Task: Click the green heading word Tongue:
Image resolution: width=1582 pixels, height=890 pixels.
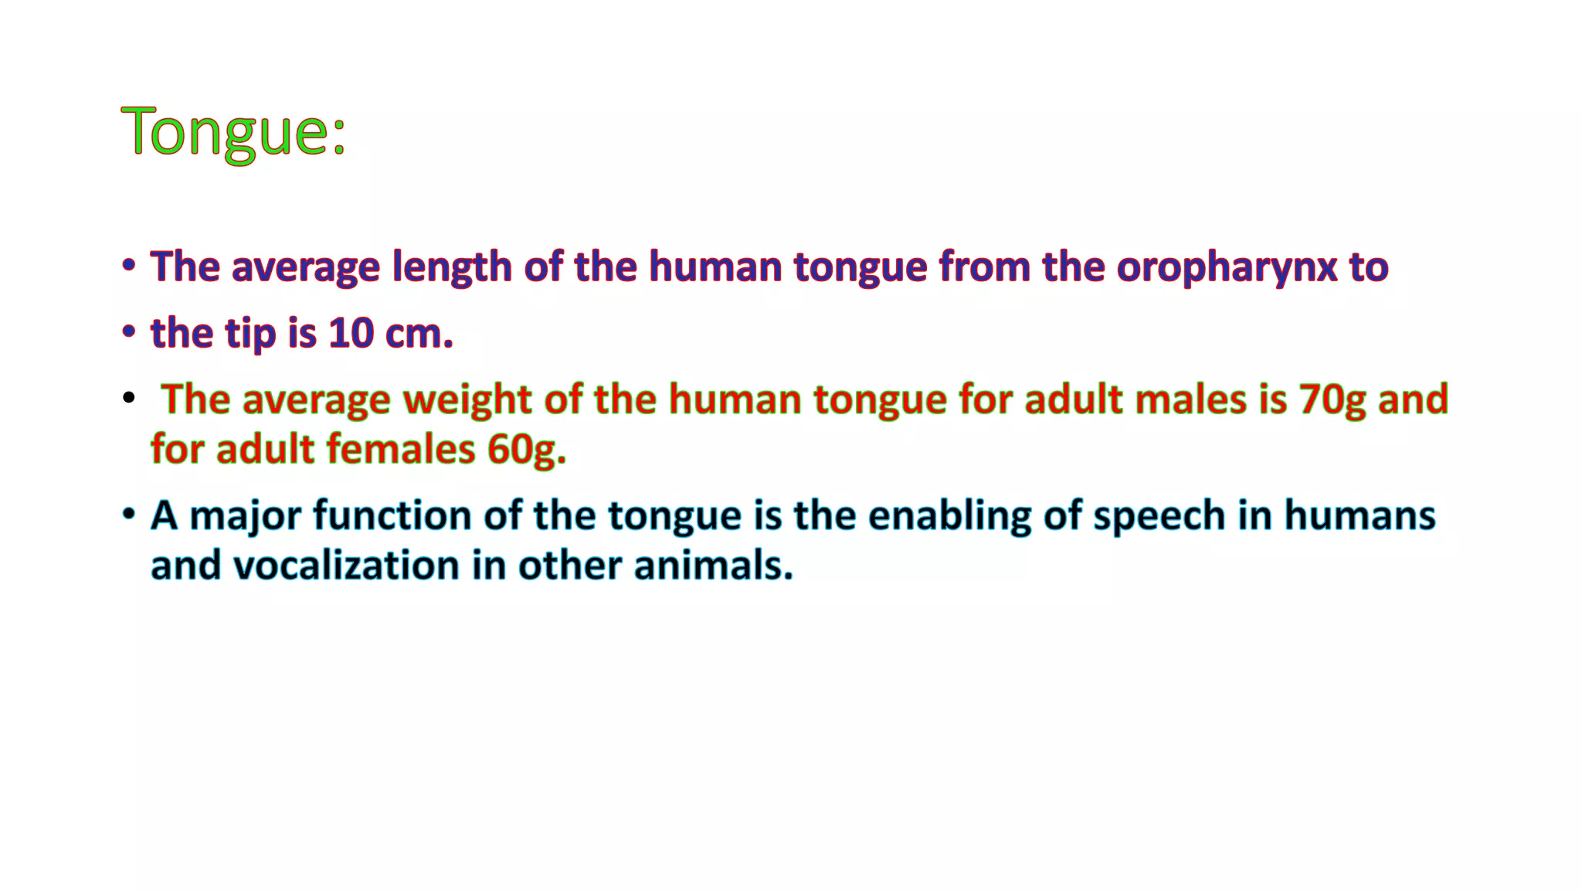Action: (233, 131)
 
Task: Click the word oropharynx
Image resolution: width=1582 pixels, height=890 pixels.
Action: (1227, 268)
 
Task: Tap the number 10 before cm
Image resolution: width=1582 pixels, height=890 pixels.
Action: (351, 334)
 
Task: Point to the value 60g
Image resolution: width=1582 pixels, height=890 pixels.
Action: (526, 450)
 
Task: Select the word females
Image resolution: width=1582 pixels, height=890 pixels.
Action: (401, 450)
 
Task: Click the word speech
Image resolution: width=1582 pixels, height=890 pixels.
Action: (1159, 516)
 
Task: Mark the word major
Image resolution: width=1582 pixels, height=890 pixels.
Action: (245, 516)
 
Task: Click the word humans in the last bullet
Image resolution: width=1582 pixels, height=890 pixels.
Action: (1360, 516)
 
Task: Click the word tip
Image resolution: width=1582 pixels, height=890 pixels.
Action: (250, 334)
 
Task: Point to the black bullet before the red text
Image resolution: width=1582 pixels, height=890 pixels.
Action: (128, 399)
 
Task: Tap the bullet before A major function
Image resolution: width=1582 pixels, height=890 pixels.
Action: (128, 514)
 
